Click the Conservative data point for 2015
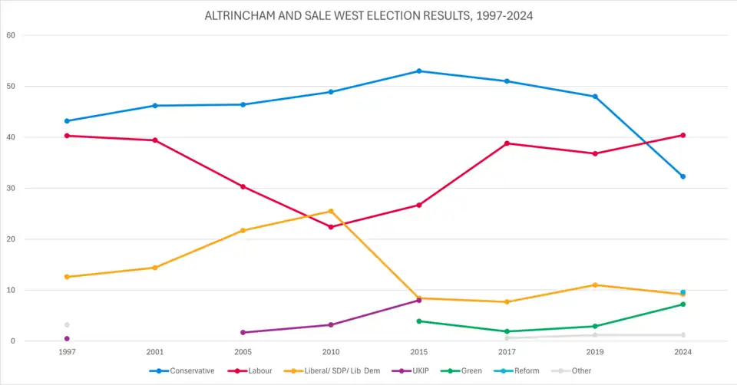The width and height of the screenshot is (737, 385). coord(418,71)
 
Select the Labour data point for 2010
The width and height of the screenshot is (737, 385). coord(331,227)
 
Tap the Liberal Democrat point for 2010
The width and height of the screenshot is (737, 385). coord(331,211)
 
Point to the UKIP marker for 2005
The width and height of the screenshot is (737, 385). coord(243,332)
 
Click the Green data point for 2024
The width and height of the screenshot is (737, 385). coord(682,304)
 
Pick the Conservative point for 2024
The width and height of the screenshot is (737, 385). coord(682,176)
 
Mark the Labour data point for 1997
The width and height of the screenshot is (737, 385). coord(67,136)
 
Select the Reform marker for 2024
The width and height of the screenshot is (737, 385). coord(682,292)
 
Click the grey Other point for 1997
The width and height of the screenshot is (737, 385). coord(67,324)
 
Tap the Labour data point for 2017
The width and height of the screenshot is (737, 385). coord(507,143)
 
